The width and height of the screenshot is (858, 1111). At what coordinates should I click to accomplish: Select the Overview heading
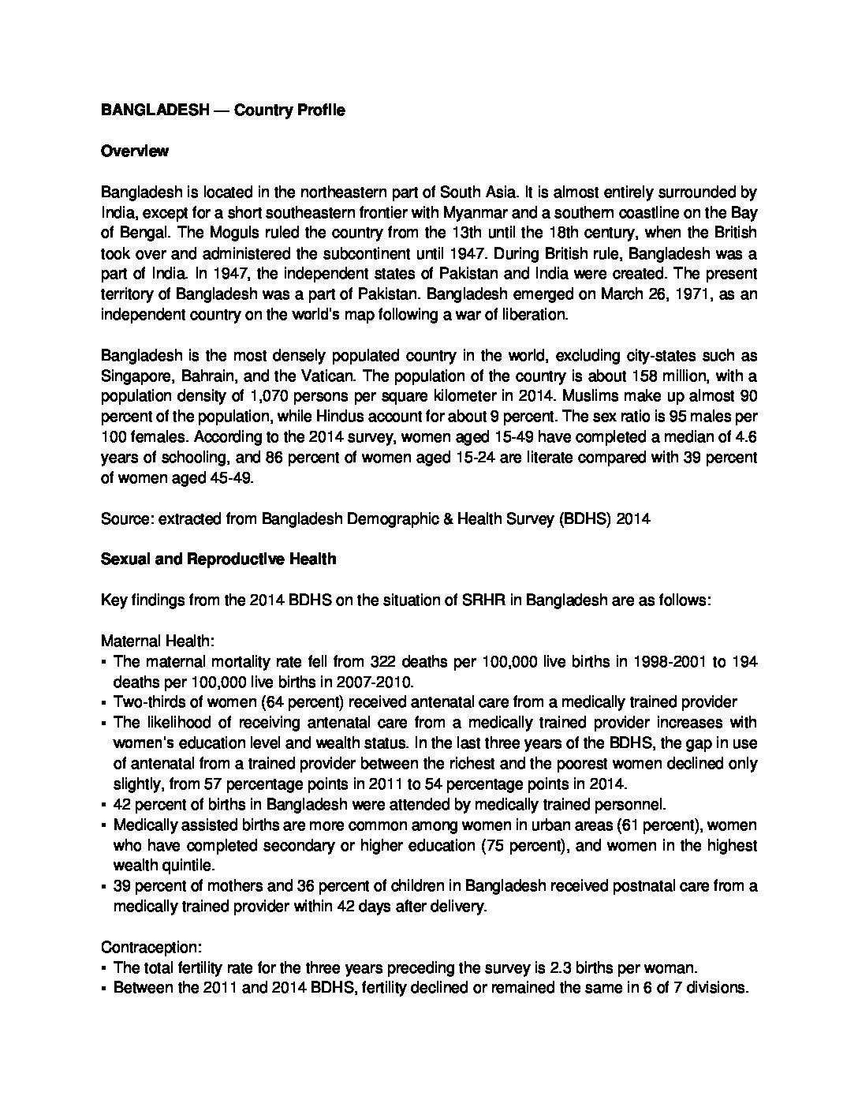[134, 151]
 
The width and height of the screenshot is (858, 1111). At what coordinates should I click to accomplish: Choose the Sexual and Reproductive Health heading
[218, 559]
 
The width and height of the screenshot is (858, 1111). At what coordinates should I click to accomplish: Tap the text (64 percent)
[265, 702]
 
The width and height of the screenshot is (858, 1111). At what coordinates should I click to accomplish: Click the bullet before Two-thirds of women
[104, 702]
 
